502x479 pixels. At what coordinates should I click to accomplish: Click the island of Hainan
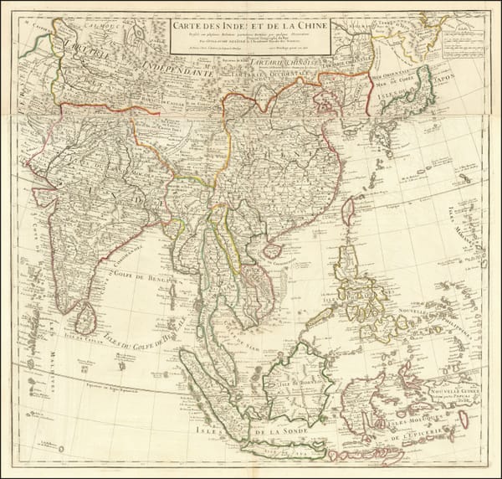click(x=272, y=250)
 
